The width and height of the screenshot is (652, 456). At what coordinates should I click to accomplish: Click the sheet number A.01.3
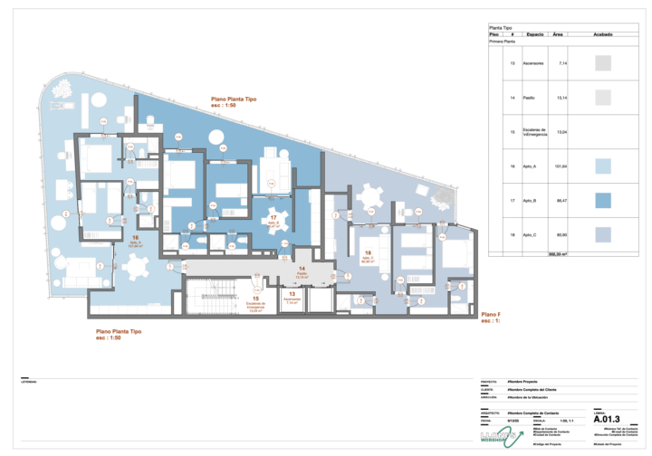(609, 420)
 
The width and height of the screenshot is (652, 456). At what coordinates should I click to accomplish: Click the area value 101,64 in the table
(561, 166)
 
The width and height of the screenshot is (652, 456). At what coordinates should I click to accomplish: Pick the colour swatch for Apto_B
(604, 200)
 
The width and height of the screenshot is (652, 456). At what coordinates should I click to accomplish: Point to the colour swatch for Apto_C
(604, 234)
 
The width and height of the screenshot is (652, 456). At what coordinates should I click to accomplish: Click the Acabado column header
(604, 34)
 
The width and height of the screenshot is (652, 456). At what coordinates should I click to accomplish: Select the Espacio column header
(534, 34)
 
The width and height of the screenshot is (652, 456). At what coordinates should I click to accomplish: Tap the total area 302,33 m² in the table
(559, 254)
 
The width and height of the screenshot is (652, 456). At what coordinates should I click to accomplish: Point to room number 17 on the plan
(273, 218)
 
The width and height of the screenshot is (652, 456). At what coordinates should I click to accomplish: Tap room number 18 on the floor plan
(368, 253)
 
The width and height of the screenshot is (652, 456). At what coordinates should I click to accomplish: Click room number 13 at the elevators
(292, 294)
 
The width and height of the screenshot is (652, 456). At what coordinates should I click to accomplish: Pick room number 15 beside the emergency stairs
(256, 298)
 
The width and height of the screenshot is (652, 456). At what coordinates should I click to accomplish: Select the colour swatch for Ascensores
(604, 64)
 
